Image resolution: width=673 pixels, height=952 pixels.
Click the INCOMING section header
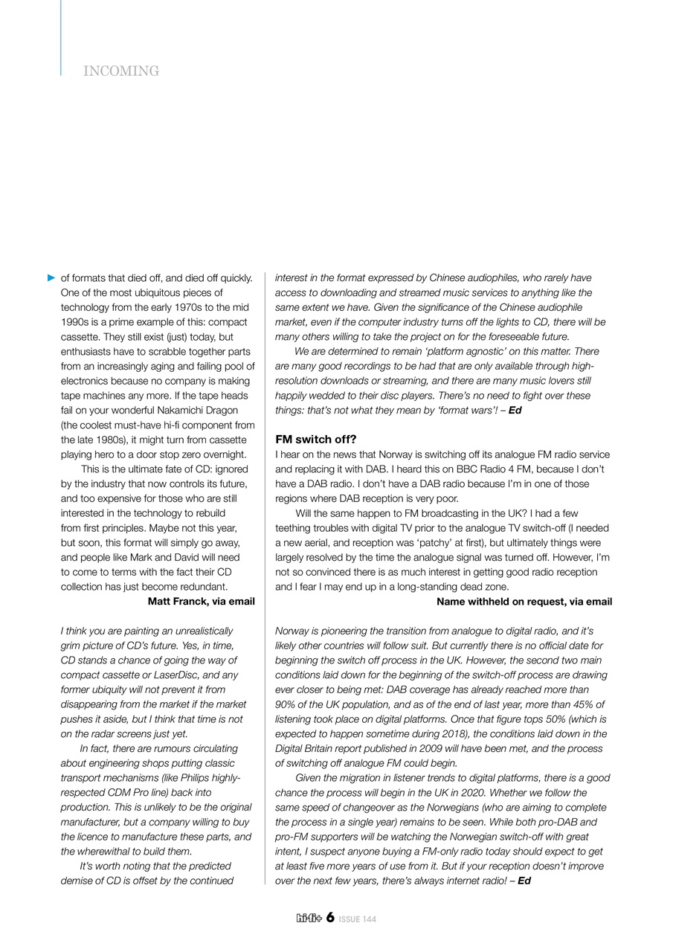[x=121, y=71]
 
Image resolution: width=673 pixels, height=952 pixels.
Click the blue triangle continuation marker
[x=51, y=278]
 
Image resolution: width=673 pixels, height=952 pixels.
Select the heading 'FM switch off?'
[x=316, y=440]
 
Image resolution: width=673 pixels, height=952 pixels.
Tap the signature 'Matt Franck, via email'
[x=202, y=602]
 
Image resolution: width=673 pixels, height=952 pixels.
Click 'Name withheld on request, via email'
[x=524, y=602]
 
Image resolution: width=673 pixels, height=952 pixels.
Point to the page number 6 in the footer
[x=329, y=918]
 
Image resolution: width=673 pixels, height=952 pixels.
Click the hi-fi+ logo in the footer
[x=309, y=919]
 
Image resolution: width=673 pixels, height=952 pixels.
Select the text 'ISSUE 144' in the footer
[x=358, y=919]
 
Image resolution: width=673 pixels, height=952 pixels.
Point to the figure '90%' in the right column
[x=286, y=704]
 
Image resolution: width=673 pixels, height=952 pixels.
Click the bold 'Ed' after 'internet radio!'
[x=524, y=881]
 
